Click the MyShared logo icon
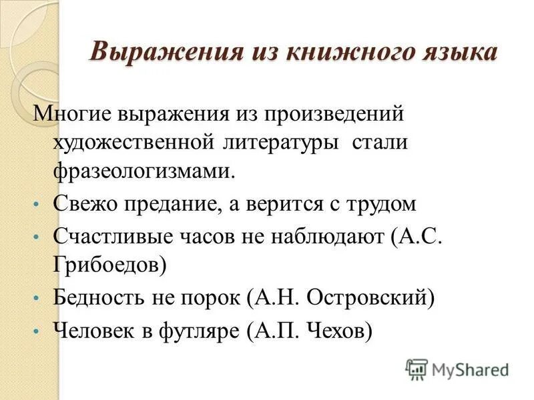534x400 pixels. [x=417, y=369]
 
